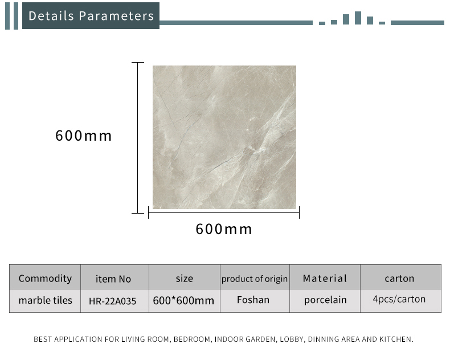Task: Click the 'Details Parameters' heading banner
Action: tap(91, 16)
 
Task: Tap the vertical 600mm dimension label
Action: tap(84, 136)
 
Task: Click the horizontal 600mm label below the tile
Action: tap(224, 229)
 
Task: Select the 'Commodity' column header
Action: tap(45, 278)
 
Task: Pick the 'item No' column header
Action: tap(113, 279)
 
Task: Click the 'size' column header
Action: tap(184, 279)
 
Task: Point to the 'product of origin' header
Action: tap(254, 279)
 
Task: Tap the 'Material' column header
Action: tap(325, 278)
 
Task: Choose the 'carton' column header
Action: tap(399, 279)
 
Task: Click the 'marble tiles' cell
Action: tap(46, 300)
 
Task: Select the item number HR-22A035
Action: tap(113, 301)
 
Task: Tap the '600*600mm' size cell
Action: tap(183, 301)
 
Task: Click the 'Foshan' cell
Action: tap(253, 300)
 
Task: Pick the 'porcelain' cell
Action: tap(325, 300)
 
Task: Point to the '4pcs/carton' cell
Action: tap(399, 299)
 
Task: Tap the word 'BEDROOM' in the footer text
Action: tap(192, 339)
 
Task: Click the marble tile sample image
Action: tap(224, 137)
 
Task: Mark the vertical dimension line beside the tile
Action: tap(137, 138)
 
